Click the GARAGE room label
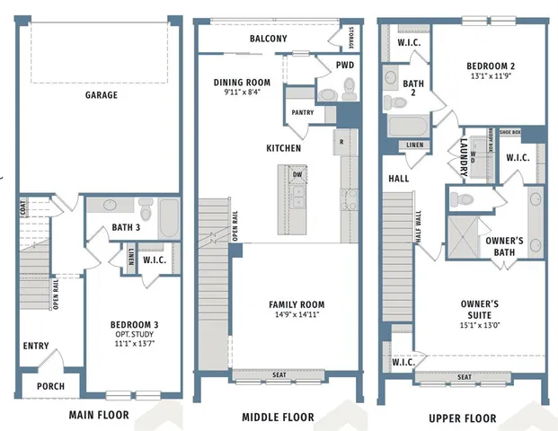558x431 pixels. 101,95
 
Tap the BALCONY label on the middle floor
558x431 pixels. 268,39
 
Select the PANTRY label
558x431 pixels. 301,112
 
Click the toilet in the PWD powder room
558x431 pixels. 349,87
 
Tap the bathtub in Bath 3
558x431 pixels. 168,218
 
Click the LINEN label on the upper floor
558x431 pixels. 414,145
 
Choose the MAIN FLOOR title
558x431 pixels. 99,415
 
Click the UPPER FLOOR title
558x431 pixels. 462,418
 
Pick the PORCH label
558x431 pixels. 49,387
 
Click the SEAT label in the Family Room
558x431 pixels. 279,374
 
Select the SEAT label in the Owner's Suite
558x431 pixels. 465,377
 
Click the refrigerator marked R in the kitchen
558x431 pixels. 341,142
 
